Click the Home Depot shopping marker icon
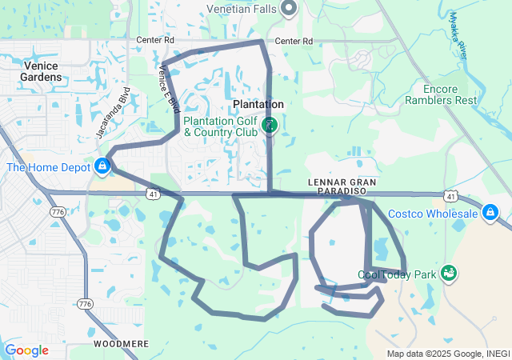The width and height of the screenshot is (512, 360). [102, 166]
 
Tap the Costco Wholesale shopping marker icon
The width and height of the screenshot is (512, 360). [490, 214]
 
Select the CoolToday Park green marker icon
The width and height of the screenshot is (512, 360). [449, 274]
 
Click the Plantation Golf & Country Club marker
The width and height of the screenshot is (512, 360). [270, 124]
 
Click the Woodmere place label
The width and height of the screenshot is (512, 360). [121, 343]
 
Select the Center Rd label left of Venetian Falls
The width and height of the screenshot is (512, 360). [155, 38]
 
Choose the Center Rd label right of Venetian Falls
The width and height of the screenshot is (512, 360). [293, 41]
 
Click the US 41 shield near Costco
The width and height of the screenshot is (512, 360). [452, 196]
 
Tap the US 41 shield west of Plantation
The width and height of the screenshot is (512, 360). [152, 194]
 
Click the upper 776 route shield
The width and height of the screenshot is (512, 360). [57, 212]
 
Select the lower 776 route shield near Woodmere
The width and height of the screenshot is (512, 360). [85, 303]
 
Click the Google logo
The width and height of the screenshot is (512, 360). [26, 350]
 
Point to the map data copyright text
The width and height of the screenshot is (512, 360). [448, 354]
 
